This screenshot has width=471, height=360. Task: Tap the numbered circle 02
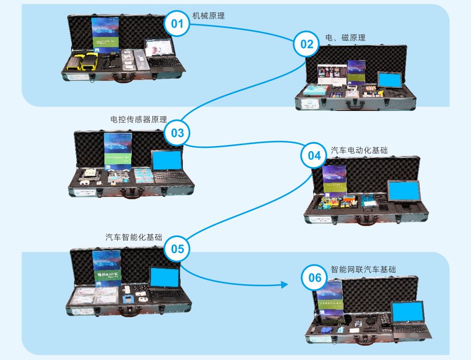pyautogui.click(x=307, y=44)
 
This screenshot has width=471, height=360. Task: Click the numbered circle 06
pyautogui.click(x=314, y=278)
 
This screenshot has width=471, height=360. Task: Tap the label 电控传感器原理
pyautogui.click(x=139, y=119)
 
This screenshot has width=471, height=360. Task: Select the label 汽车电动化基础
pyautogui.click(x=359, y=151)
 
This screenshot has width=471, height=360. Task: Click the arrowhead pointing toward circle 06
pyautogui.click(x=284, y=284)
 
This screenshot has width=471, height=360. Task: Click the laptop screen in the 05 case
pyautogui.click(x=164, y=278)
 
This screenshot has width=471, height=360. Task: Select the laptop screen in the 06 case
pyautogui.click(x=407, y=313)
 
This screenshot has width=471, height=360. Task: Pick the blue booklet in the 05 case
pyautogui.click(x=107, y=268)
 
